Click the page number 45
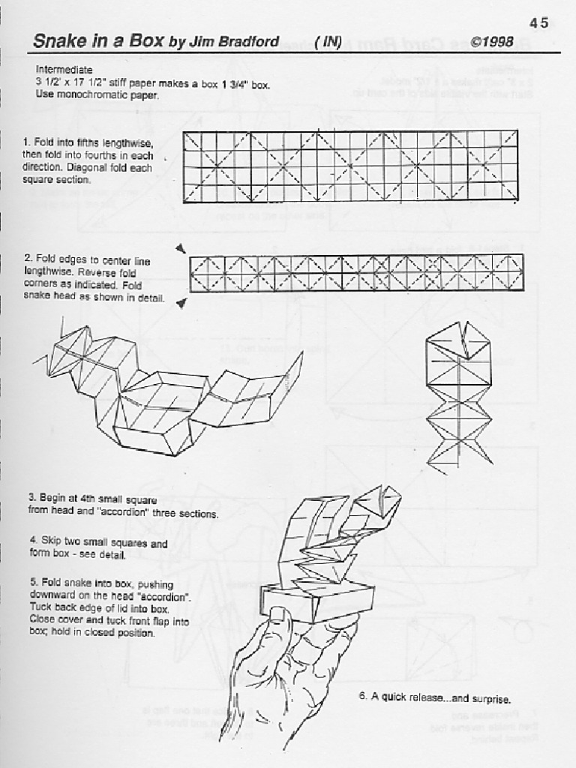538,23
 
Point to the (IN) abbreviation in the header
328,42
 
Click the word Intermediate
64,68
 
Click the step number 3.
32,497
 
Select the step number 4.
32,539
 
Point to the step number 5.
32,583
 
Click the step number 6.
361,697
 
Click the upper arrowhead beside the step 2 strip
181,248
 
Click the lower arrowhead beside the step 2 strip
181,303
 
